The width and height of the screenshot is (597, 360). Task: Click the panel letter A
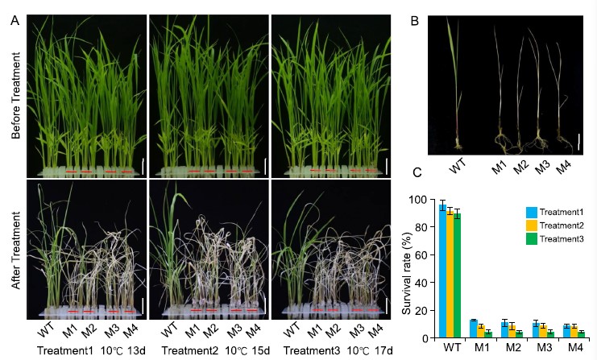point(15,21)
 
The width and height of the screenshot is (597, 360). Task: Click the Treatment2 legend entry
point(552,225)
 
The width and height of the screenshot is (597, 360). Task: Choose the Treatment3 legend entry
point(552,237)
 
